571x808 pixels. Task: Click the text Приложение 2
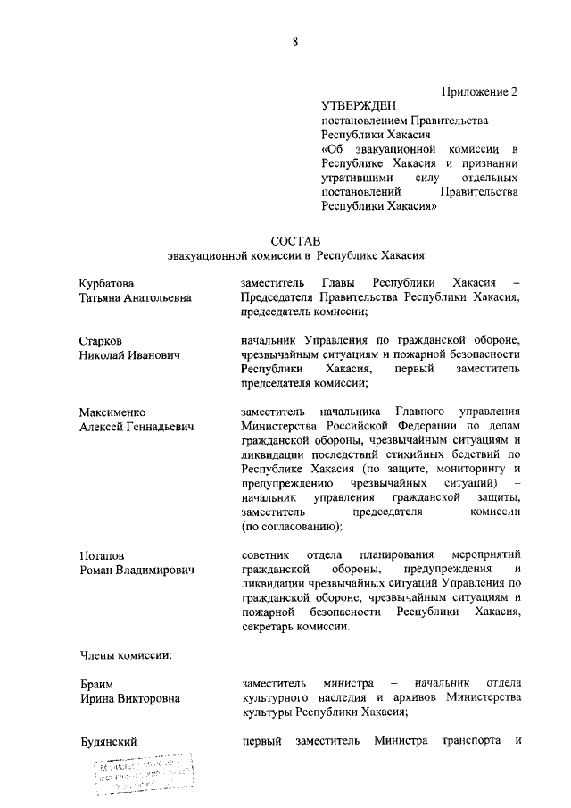click(x=480, y=91)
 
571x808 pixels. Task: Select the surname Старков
click(x=101, y=340)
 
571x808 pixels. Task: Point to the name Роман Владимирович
click(x=136, y=570)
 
